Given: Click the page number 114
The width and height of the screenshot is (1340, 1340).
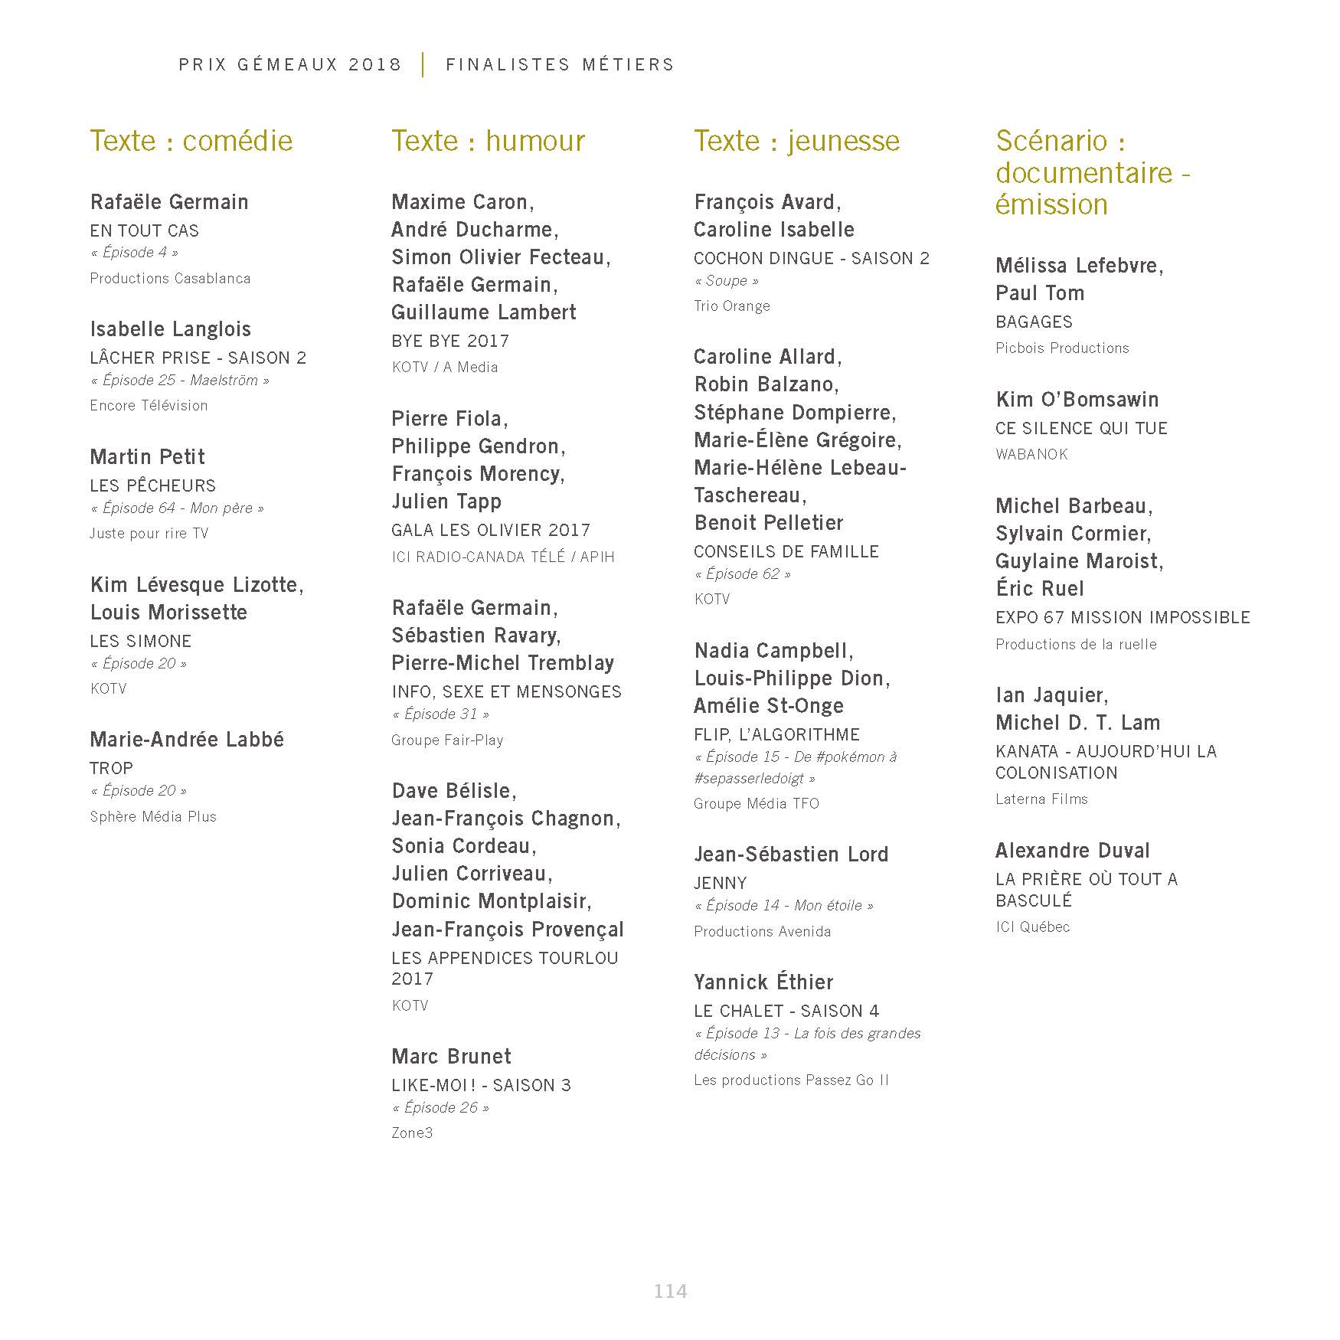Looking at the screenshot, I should [670, 1291].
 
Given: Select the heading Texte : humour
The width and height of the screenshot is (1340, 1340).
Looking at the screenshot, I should [488, 141].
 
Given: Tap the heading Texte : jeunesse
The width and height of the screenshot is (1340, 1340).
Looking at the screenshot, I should [796, 141].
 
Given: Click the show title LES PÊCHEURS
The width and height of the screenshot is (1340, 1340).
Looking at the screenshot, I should [153, 485].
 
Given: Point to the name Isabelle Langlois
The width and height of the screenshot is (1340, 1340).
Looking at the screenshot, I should [170, 329].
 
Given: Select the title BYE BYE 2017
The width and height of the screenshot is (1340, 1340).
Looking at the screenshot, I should [450, 341].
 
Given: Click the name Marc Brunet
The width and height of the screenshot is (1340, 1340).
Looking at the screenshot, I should [451, 1057].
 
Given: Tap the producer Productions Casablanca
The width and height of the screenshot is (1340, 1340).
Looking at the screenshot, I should [170, 278].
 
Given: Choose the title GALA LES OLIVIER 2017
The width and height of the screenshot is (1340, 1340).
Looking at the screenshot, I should [491, 530].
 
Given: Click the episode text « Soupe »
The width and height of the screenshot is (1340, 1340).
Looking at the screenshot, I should [726, 281].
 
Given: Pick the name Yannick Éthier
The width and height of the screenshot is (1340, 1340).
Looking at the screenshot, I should [763, 982].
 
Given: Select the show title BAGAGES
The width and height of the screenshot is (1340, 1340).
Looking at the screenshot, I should [1034, 322].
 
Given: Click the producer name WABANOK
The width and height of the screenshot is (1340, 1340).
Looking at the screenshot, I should [1031, 454].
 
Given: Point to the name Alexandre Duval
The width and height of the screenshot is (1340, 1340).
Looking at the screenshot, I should [1072, 851].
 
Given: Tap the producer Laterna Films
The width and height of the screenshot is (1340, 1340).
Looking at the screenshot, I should [1041, 799].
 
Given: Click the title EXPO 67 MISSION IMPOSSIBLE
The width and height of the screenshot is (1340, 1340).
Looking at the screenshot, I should [1123, 617].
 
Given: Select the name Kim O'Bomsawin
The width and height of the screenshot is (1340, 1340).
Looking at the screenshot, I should [1077, 400].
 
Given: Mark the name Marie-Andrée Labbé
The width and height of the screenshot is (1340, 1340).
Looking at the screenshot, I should [187, 740].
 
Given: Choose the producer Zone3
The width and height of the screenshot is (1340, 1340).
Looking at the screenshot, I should [412, 1132].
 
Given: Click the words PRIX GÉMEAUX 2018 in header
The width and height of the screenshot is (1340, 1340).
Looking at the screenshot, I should [290, 64].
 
